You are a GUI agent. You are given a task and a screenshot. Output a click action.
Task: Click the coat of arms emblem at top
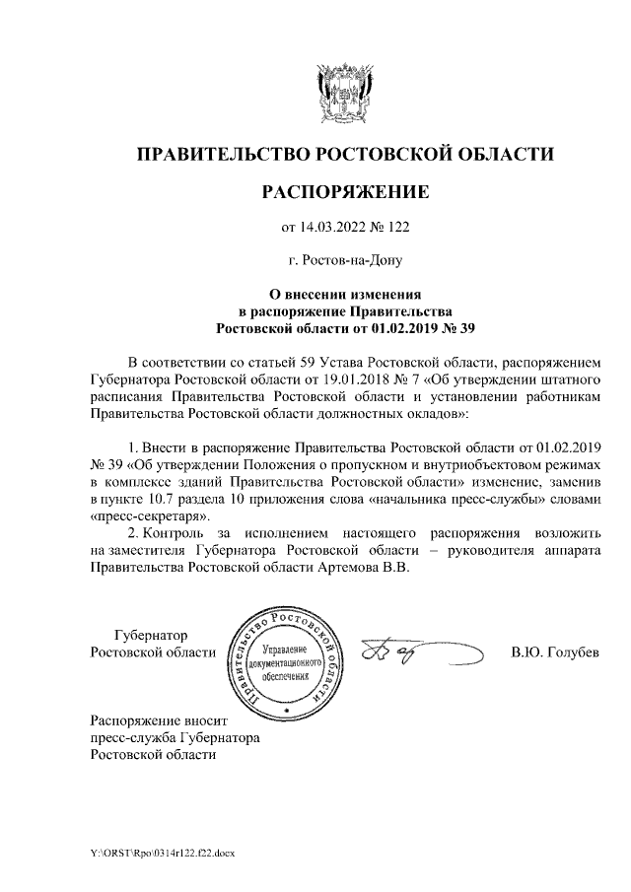(345, 92)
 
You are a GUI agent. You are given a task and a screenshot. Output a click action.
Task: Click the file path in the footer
(157, 851)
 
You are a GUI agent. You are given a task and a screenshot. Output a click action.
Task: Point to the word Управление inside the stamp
(286, 652)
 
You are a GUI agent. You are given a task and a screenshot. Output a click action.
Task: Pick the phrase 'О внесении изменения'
(345, 294)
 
